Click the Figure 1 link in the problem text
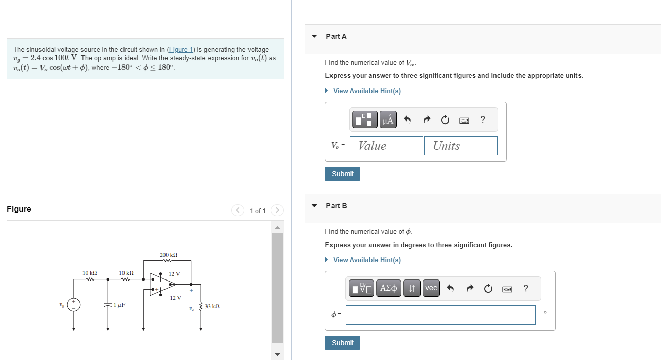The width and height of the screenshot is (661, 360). coord(181,49)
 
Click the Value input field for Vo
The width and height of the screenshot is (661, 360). coord(386,146)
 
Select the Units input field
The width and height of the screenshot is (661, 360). coord(461,146)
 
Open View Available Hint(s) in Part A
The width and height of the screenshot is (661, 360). coord(366,91)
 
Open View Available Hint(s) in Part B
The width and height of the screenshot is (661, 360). coord(366,260)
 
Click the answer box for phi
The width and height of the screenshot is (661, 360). coord(440,315)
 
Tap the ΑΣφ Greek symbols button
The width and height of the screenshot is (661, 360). coord(388,288)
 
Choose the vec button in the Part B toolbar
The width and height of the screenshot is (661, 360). coord(431,288)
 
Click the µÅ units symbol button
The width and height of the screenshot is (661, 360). coord(388,119)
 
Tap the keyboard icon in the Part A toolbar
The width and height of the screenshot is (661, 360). coord(464,120)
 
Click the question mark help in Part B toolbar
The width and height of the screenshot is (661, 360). coord(526,288)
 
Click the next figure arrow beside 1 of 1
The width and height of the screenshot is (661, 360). coord(277,210)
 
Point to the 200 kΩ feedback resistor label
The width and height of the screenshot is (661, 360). coord(169,255)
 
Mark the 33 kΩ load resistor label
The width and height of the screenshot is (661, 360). coord(212,306)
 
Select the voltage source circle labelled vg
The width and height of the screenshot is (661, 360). coord(74,305)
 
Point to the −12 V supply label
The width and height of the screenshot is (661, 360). coord(173,297)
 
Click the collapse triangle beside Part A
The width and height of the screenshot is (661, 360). coord(314,36)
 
